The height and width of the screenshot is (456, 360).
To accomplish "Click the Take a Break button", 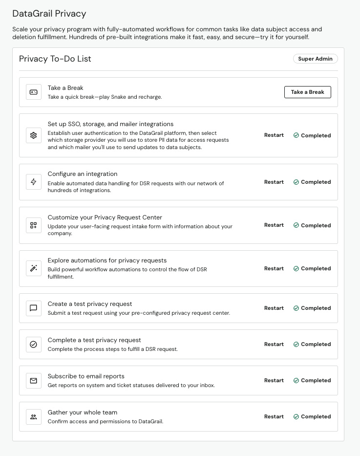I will coord(307,92).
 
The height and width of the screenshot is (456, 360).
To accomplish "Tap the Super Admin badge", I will coord(315,59).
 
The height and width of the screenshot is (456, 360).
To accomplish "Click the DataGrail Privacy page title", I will coord(49,14).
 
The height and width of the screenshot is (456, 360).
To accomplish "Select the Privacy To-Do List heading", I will coord(55,59).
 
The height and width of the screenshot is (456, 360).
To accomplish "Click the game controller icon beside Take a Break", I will coord(34,92).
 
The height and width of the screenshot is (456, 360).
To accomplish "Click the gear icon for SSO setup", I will coord(34,135).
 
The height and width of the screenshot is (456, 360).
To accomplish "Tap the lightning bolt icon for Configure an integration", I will coord(34,182).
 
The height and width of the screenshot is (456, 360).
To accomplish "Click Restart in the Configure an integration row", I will coord(274,182).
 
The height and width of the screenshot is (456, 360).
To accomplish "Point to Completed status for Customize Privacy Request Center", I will coord(312,225).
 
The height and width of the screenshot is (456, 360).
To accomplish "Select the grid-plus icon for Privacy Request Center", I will coord(34,225).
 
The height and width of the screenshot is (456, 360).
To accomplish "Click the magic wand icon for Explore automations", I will coord(34,268).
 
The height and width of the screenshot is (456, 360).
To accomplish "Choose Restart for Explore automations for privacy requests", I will coord(274,268).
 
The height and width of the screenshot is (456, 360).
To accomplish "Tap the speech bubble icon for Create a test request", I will coord(34,308).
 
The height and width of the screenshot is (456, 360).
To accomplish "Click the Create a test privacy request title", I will coord(90,304).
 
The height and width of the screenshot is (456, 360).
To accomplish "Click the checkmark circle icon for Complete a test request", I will coord(34,344).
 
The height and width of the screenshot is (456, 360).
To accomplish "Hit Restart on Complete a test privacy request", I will coord(274,344).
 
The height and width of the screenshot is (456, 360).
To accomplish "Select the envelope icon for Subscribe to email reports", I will coord(34,380).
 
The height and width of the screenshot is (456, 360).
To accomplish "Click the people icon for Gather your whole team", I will coord(34,416).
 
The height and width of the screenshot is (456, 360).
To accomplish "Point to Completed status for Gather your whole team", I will coord(312,416).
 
